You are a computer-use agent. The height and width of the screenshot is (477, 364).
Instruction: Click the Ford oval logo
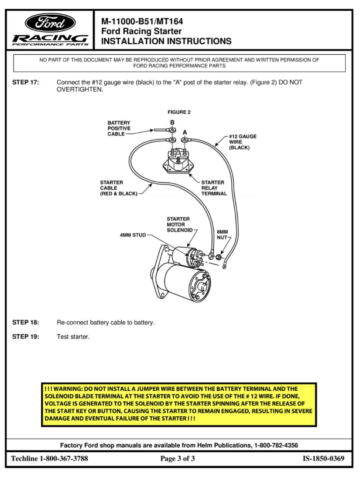click(x=50, y=22)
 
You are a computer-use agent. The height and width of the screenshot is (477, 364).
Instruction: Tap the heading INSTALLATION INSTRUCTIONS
click(x=166, y=42)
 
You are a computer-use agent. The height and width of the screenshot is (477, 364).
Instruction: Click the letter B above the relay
click(x=172, y=122)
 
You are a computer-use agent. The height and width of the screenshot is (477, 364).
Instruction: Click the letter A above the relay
click(x=185, y=131)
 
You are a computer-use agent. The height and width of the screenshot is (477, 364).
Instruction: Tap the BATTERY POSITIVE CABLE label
click(x=119, y=129)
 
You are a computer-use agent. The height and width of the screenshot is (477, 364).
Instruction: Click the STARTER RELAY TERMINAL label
click(x=214, y=188)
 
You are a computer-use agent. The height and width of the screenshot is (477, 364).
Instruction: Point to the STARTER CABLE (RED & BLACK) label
click(x=118, y=188)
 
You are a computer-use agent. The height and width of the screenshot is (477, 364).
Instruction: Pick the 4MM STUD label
click(x=133, y=235)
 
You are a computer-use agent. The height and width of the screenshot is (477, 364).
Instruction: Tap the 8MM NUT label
click(x=222, y=235)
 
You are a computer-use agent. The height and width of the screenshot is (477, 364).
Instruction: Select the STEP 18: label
click(x=26, y=323)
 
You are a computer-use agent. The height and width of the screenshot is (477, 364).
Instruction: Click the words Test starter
click(x=73, y=337)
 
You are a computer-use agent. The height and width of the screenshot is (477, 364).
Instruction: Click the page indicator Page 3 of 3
click(x=178, y=459)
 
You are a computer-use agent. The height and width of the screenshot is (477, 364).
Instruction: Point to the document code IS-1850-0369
click(x=324, y=459)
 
